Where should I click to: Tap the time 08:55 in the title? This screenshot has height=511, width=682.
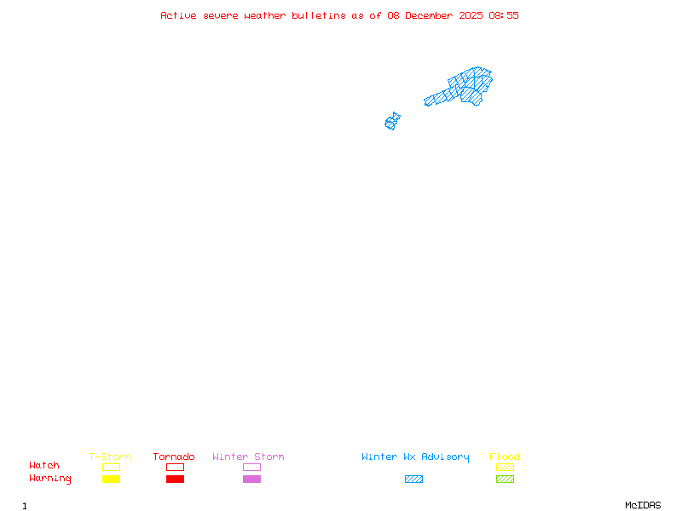pyautogui.click(x=503, y=15)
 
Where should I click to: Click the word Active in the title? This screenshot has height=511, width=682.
pyautogui.click(x=178, y=15)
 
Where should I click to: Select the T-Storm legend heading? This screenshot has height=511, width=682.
pyautogui.click(x=110, y=456)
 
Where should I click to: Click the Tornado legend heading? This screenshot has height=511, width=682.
pyautogui.click(x=174, y=456)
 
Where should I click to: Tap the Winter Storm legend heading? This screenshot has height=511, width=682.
pyautogui.click(x=248, y=456)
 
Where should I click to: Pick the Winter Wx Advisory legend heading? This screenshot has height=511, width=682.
pyautogui.click(x=415, y=456)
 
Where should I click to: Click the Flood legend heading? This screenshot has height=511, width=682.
pyautogui.click(x=505, y=456)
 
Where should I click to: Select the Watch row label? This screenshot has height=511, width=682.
pyautogui.click(x=44, y=466)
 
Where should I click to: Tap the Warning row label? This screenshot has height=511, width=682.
pyautogui.click(x=50, y=479)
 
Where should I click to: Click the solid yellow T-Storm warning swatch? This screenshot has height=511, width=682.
pyautogui.click(x=111, y=479)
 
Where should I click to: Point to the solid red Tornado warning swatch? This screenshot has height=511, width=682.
pyautogui.click(x=175, y=479)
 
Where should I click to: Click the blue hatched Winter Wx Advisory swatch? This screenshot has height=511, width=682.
pyautogui.click(x=413, y=479)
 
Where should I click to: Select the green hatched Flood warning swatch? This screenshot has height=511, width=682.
pyautogui.click(x=505, y=479)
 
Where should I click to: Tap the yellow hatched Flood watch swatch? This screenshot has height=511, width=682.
pyautogui.click(x=505, y=467)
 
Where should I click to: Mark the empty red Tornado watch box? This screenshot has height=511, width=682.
pyautogui.click(x=175, y=467)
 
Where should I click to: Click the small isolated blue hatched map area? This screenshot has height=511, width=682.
pyautogui.click(x=392, y=122)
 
